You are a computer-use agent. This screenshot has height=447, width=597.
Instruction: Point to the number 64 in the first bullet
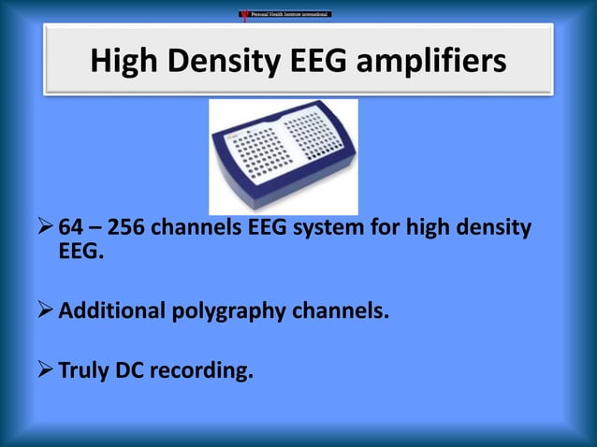71,230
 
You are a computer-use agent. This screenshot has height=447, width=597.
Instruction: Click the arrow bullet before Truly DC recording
46,370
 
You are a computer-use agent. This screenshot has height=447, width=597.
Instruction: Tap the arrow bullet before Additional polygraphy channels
46,310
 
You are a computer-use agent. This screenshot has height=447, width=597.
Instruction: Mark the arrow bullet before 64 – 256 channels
46,230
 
